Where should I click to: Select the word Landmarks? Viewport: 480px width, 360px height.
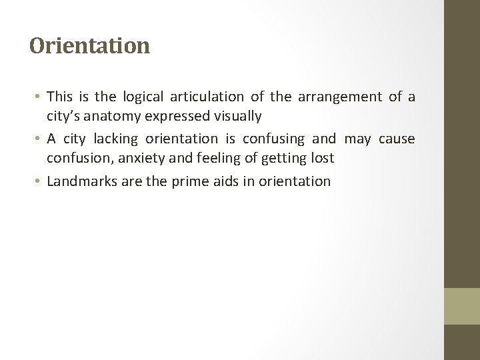[x=78, y=181]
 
